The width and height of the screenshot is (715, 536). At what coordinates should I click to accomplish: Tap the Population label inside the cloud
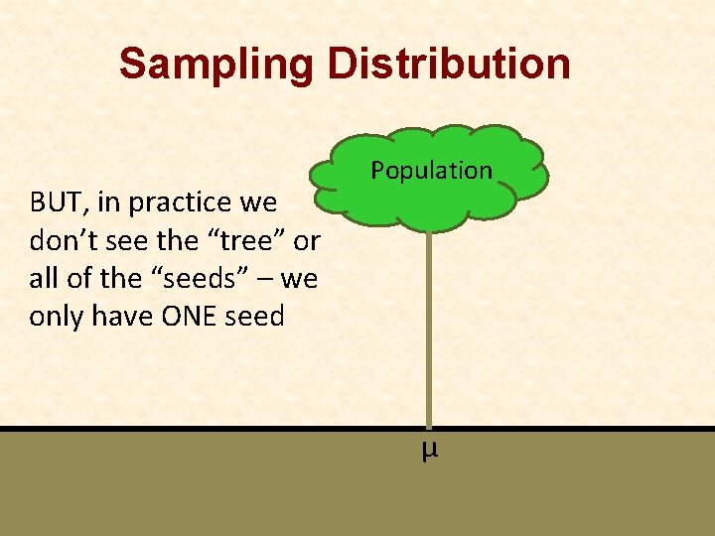click(x=431, y=171)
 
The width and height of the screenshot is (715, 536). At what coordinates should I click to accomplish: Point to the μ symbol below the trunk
click(x=429, y=451)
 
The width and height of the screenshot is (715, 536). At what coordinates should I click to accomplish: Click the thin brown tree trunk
click(x=429, y=328)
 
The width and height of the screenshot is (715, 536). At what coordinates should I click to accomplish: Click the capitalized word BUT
click(x=53, y=203)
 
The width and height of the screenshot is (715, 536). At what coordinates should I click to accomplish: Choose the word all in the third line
click(x=44, y=279)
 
